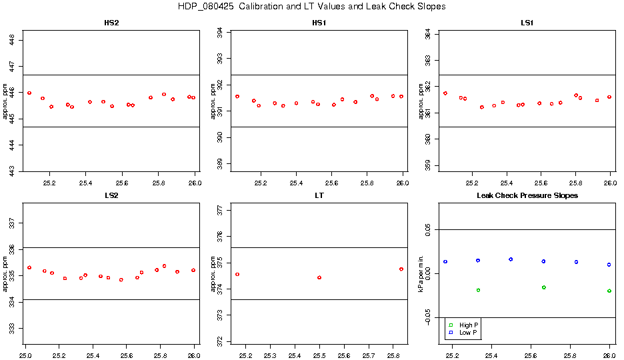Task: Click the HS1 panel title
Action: tap(319, 23)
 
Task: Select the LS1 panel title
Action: tap(527, 23)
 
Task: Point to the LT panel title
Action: tap(319, 196)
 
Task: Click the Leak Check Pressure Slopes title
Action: tap(527, 196)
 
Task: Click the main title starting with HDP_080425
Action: tap(312, 7)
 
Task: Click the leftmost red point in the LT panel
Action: tap(237, 274)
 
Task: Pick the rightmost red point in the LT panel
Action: tap(401, 269)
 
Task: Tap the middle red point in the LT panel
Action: tap(319, 277)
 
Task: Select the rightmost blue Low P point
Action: tap(609, 265)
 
